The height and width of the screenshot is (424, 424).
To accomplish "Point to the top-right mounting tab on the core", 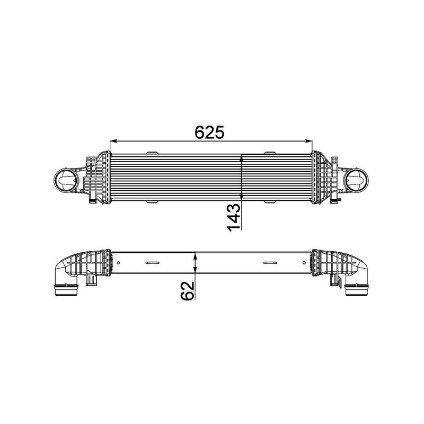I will coord(270,153).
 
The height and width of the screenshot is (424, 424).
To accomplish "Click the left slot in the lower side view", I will coord(153,262).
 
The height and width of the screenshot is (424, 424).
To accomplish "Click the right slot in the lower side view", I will coord(271,262).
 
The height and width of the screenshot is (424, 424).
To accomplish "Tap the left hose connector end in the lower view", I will coord(66,290).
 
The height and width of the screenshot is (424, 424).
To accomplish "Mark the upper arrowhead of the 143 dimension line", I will coord(242,157).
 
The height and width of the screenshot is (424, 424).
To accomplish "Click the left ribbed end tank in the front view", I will coord(99,178).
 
